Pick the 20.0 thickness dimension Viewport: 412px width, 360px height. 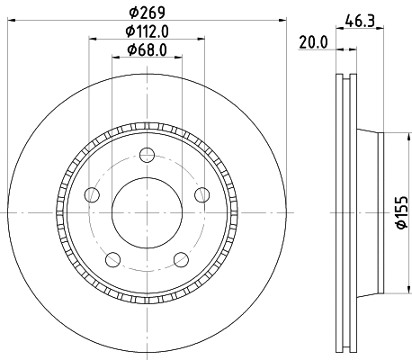click(312, 41)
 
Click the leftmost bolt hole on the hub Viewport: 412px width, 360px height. click(90, 195)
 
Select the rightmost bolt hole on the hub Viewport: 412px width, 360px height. click(201, 196)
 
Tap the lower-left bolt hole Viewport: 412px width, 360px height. click(112, 260)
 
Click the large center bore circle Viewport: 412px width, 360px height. click(145, 212)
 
